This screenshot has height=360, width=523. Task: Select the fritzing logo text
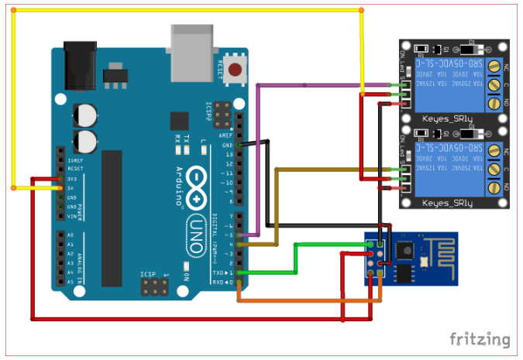[x=480, y=339]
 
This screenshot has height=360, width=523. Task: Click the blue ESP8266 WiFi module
[x=411, y=258]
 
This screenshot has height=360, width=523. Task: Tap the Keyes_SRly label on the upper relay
[x=448, y=118]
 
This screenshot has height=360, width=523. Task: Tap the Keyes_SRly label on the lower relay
[x=448, y=203]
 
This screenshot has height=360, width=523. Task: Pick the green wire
[x=295, y=259]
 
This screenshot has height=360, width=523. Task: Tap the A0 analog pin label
[x=71, y=235]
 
